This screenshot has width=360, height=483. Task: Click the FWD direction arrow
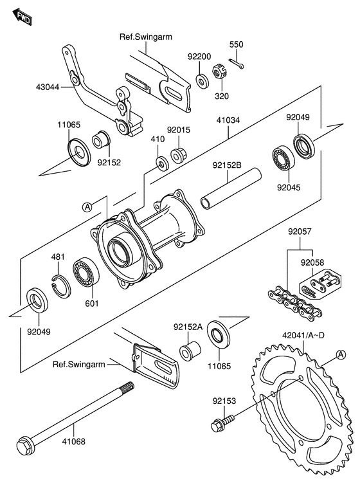coord(22,17)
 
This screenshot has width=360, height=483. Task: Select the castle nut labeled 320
coord(219,73)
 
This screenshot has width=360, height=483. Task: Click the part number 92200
coord(199,57)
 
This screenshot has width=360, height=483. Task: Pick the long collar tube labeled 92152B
coord(231,188)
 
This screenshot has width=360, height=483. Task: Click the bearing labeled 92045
coord(283,159)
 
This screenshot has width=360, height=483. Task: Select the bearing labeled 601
coord(86,272)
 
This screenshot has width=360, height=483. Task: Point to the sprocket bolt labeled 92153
coord(222,423)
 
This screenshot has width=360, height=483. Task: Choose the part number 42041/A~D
coord(303,335)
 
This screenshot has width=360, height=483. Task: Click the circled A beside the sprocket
coord(341,354)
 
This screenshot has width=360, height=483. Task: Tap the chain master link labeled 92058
coord(320,284)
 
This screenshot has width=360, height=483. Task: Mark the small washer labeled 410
coord(161,163)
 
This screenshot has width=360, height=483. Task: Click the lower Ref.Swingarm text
coord(79,365)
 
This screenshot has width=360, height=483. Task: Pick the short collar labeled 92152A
coord(190,351)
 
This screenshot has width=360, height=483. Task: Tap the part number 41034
coord(228,120)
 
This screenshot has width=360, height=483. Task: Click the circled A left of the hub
coord(87,207)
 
